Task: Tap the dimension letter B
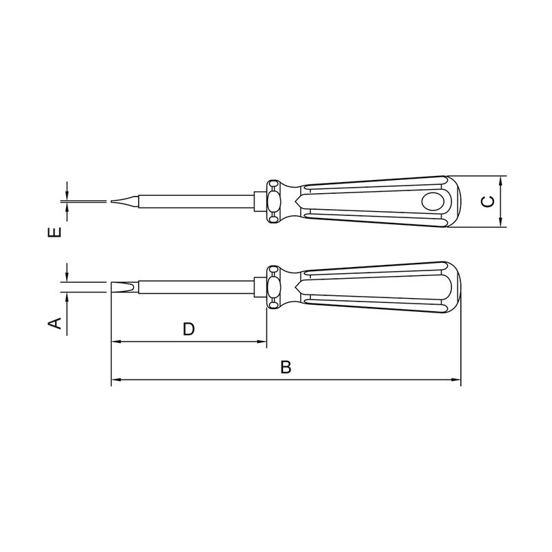[286, 367]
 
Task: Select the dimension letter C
[487, 201]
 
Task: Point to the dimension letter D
[188, 329]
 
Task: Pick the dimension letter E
[56, 232]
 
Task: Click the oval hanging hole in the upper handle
[434, 201]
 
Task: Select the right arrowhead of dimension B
[456, 379]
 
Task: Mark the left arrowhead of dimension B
[116, 379]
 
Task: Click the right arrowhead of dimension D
[262, 342]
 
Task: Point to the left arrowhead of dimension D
[116, 342]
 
